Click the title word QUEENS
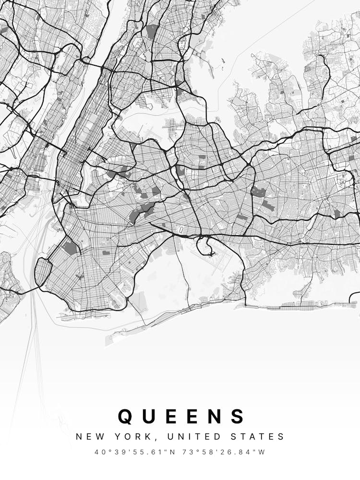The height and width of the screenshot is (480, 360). click(x=181, y=416)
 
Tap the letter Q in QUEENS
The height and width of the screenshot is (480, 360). click(x=125, y=416)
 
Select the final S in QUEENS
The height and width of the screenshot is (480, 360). click(x=238, y=416)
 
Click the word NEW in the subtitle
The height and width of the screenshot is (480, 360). click(x=89, y=437)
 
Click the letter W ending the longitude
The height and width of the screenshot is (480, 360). click(x=262, y=452)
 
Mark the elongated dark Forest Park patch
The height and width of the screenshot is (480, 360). click(x=143, y=211)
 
